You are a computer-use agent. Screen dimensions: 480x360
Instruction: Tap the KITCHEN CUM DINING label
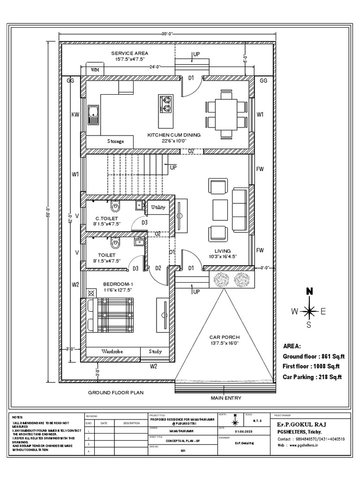pyautogui.click(x=174, y=135)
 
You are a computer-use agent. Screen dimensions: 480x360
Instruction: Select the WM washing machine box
pyautogui.click(x=95, y=70)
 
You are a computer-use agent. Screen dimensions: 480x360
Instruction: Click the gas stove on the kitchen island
pyautogui.click(x=166, y=100)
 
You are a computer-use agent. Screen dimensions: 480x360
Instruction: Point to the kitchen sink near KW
pyautogui.click(x=93, y=114)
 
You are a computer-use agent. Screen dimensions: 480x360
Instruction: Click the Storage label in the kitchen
pyautogui.click(x=115, y=141)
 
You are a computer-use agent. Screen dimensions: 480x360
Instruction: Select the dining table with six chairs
pyautogui.click(x=225, y=113)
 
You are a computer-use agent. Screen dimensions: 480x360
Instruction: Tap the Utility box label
pyautogui.click(x=158, y=207)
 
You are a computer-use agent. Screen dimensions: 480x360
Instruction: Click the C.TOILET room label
pyautogui.click(x=106, y=218)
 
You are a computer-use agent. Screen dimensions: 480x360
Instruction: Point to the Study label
pyautogui.click(x=155, y=351)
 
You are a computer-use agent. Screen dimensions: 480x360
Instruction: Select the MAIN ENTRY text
pyautogui.click(x=226, y=397)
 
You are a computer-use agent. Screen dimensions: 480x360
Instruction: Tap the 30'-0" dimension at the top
pyautogui.click(x=167, y=34)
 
